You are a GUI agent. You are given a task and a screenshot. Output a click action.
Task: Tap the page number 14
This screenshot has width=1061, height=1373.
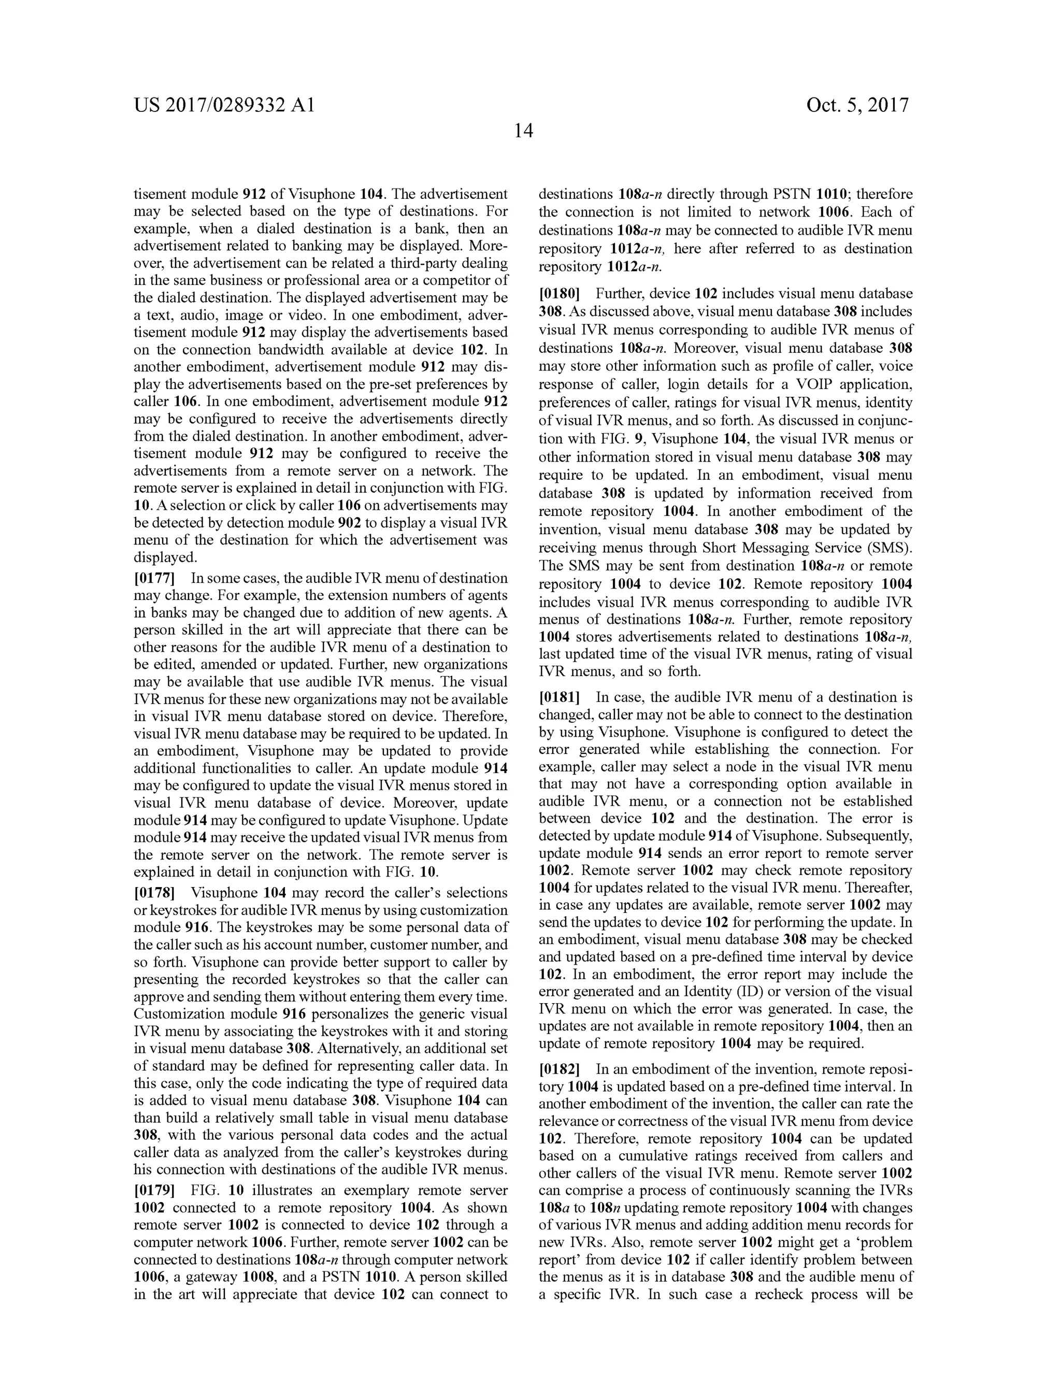[524, 131]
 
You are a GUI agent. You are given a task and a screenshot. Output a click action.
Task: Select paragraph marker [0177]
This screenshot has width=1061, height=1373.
[154, 578]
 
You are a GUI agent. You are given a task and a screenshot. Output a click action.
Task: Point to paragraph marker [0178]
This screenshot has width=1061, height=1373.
[154, 893]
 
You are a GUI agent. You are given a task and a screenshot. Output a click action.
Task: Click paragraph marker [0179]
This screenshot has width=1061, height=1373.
[154, 1191]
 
